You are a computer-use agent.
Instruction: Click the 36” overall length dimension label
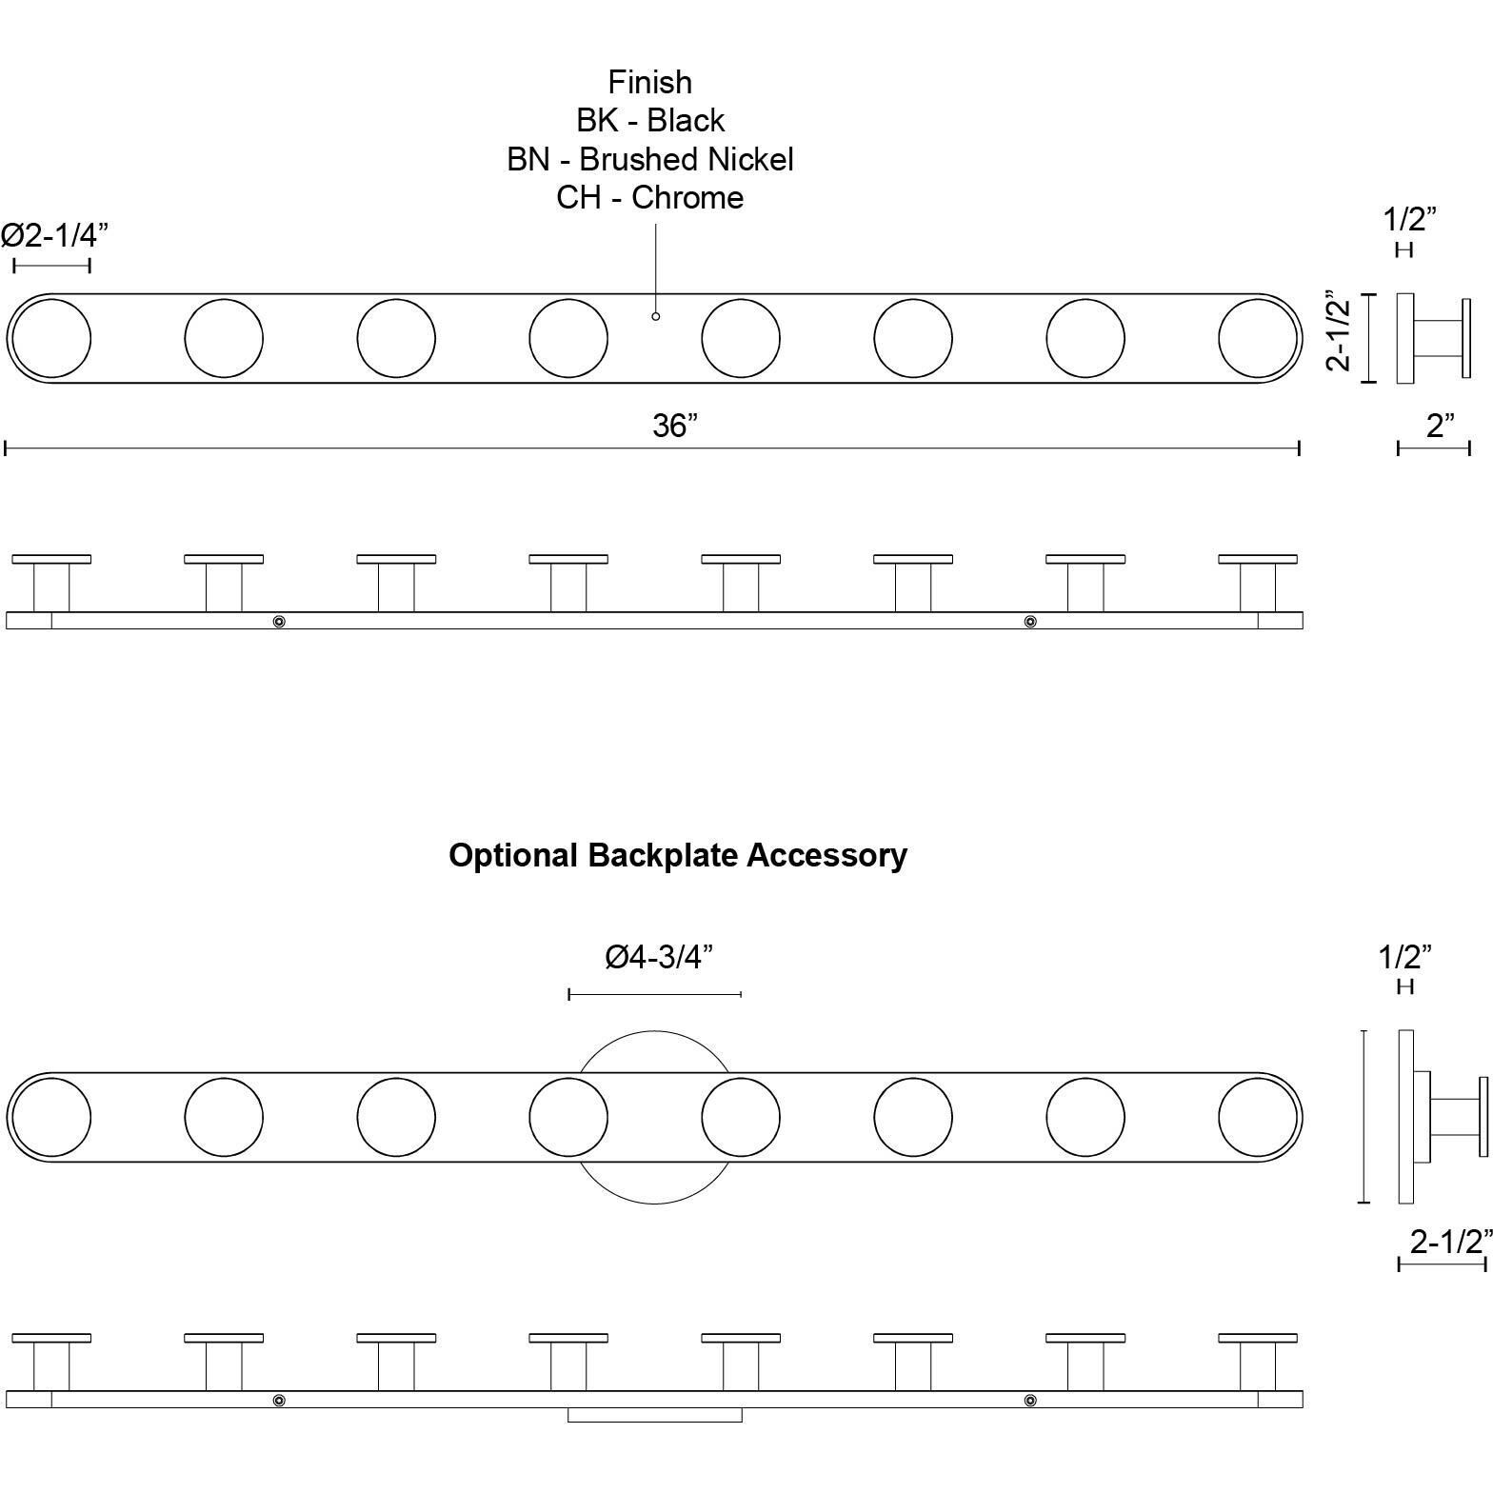point(675,426)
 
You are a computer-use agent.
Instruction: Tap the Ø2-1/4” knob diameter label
point(54,233)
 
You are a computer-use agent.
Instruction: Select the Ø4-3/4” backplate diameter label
point(659,956)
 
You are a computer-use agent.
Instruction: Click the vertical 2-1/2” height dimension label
point(1340,330)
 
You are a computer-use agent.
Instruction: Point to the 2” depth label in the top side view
point(1441,426)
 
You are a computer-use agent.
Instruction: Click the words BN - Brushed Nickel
point(650,159)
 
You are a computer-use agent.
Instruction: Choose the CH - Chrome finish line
point(650,197)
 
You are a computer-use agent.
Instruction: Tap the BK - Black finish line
point(650,121)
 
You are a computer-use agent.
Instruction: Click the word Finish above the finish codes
point(650,83)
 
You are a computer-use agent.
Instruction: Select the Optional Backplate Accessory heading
point(678,855)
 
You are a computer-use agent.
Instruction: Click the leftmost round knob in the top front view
point(51,338)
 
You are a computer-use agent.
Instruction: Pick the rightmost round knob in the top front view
point(1258,338)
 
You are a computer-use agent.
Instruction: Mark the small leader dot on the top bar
point(655,316)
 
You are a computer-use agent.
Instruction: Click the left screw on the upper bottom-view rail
point(279,621)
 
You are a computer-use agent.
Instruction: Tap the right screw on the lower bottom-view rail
point(1030,1401)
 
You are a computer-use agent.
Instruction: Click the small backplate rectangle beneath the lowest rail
point(655,1415)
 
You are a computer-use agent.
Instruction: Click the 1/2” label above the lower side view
point(1405,956)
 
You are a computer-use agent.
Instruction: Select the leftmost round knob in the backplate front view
point(51,1117)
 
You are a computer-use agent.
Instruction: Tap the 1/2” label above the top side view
point(1409,219)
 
